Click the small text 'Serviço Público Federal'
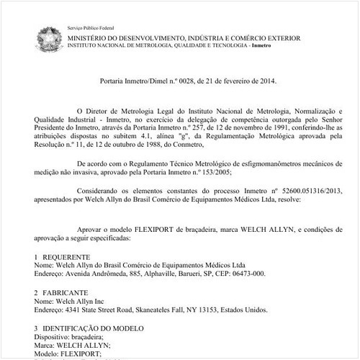[91, 24]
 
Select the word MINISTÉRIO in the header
[87, 36]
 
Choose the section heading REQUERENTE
[66, 256]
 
